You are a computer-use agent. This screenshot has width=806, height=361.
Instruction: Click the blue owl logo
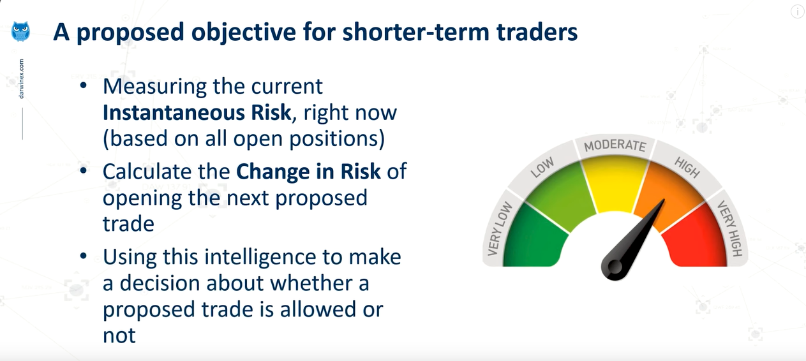tap(20, 32)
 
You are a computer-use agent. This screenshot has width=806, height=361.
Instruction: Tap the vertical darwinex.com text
tap(21, 79)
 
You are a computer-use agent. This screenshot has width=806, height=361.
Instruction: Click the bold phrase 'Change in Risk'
tap(308, 171)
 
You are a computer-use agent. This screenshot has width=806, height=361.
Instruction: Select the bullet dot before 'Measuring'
tap(84, 85)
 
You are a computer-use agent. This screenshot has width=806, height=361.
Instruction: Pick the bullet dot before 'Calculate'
tap(84, 170)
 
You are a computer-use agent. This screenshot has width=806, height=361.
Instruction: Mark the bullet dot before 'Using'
tap(84, 256)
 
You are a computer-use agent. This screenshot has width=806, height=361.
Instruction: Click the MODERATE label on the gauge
tap(615, 145)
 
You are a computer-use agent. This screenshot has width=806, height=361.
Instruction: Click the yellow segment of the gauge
tap(615, 184)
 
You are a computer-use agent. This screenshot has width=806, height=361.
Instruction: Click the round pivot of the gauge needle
tap(615, 267)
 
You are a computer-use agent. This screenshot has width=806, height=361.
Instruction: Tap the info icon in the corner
tap(797, 11)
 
